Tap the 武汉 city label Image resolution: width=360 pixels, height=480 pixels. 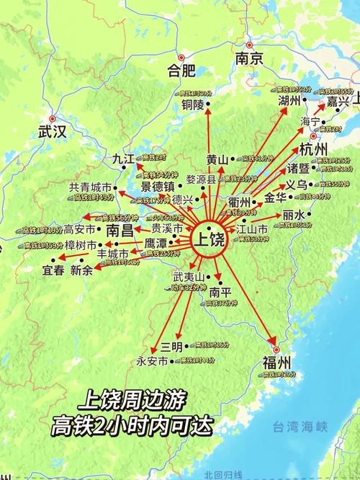pos(53,131)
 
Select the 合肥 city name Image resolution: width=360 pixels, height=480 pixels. pos(181,71)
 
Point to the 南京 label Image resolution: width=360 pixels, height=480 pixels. pos(248,59)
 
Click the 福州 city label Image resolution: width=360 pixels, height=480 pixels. pos(276,362)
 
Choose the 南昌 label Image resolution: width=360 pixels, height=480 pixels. pos(121,231)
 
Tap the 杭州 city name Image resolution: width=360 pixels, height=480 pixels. pos(314,150)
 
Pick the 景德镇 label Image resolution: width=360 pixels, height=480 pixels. pos(158,186)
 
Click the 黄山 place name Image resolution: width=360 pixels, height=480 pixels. pos(217,159)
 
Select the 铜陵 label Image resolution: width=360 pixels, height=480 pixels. pos(194,105)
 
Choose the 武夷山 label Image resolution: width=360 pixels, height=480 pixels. pos(189,277)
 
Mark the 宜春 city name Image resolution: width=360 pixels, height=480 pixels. pos(53,271)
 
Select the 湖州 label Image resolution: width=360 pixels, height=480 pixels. pos(291,101)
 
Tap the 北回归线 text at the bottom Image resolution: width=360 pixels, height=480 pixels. pos(222,474)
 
